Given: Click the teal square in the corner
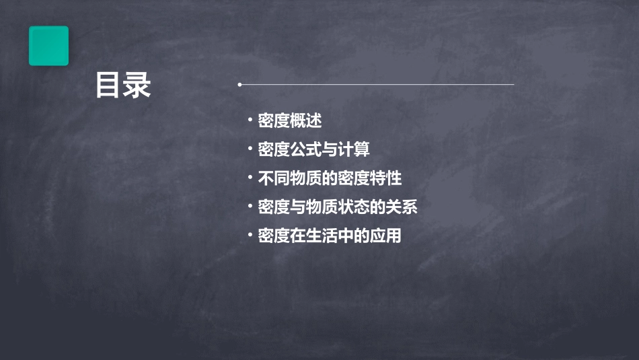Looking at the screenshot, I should pos(48,46).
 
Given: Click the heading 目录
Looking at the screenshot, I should pos(123,85).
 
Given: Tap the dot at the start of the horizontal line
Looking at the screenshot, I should pos(239,85).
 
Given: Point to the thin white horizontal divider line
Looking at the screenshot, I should pos(377,85).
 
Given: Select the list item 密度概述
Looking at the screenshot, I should pos(290,121).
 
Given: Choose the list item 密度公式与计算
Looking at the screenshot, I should pos(313,149).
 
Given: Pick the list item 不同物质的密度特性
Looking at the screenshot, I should pos(330,178).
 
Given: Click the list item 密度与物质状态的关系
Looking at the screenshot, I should pos(338,207).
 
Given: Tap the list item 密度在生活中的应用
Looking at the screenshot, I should pos(330,236).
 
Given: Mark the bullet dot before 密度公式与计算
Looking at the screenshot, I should pos(250,149).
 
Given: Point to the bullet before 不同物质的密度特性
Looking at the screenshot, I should pos(250,178).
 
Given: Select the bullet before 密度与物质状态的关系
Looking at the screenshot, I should pos(250,207).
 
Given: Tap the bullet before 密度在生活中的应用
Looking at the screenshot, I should pos(250,236).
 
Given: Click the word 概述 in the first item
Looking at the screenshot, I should pos(306,121).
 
